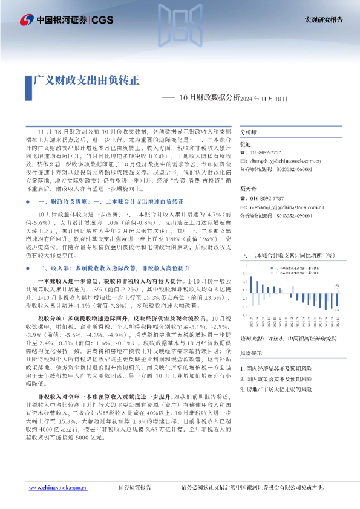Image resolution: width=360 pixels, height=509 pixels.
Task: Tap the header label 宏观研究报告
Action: click(323, 19)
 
